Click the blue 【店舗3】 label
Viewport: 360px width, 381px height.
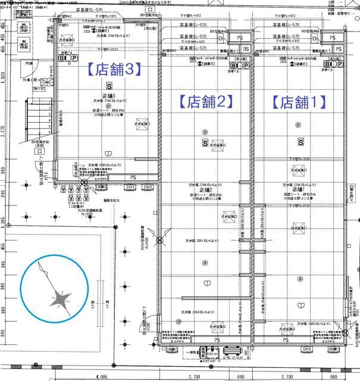coord(114,70)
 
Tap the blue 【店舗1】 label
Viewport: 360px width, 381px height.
coord(300,101)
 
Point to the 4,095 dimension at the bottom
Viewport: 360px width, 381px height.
coord(105,377)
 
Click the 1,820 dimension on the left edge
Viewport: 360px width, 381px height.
coord(3,77)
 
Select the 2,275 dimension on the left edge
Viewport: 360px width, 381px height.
coord(3,130)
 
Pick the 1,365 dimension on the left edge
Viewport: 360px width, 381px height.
coord(3,221)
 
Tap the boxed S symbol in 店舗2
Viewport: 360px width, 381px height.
coord(205,143)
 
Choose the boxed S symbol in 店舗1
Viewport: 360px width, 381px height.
coord(301,142)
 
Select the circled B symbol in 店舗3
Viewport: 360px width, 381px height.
coord(61,58)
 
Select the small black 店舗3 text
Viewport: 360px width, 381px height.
coord(108,95)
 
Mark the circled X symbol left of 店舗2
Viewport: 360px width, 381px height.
coord(159,241)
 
